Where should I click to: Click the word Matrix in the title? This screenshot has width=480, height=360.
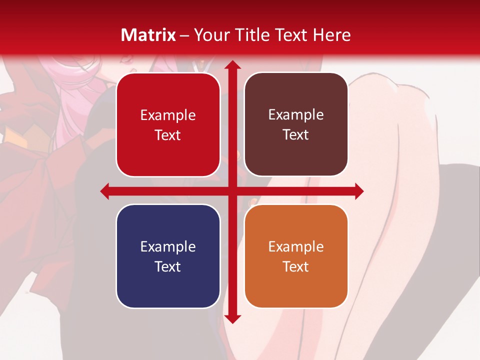point(148,35)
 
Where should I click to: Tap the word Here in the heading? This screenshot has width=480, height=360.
point(331,35)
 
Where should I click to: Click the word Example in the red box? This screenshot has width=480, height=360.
point(168,115)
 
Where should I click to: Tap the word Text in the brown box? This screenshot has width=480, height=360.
point(296,135)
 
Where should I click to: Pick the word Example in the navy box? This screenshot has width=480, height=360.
point(168,247)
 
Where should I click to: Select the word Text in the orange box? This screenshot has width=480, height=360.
point(296,266)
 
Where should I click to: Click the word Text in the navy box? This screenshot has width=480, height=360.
point(168,266)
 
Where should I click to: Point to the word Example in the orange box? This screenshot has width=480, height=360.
point(296,247)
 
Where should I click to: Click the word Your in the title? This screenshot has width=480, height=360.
point(210,35)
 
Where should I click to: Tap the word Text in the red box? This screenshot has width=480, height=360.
point(168,135)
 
